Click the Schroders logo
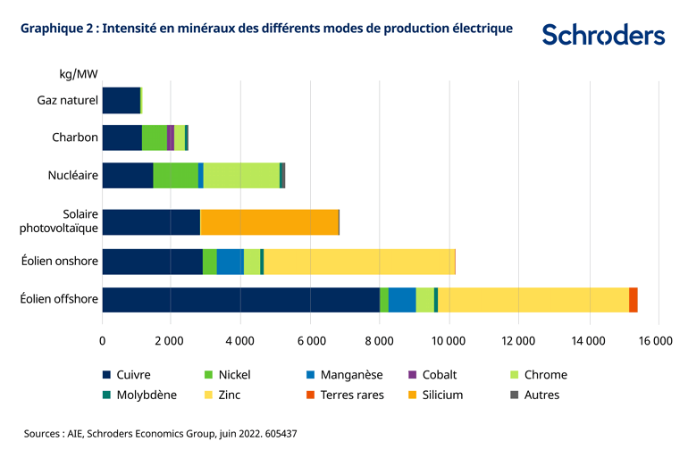click(x=603, y=35)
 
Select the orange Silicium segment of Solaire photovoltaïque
click(x=269, y=221)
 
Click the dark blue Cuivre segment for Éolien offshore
click(x=241, y=300)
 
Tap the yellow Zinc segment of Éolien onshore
click(x=359, y=262)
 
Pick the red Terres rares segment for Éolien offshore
click(x=633, y=300)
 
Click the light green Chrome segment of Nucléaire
click(x=241, y=175)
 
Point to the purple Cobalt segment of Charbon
click(x=171, y=137)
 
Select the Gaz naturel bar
click(x=122, y=100)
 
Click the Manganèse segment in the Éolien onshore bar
click(x=230, y=262)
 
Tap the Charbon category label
click(x=74, y=137)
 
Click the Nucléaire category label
click(x=72, y=175)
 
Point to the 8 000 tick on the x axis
click(x=380, y=340)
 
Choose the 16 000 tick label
click(x=657, y=340)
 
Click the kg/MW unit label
click(x=79, y=72)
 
